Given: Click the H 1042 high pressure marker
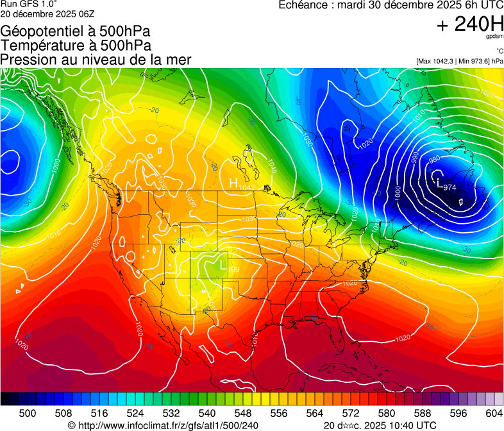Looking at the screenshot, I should point(242,184).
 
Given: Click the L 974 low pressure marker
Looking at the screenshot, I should point(445,185).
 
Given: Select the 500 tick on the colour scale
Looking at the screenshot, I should point(28,413).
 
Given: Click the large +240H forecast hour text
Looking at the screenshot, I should point(470,24).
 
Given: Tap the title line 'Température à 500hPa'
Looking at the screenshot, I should point(76,46).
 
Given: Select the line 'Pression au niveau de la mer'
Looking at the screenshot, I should point(96,60).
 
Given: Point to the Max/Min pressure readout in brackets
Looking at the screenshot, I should point(460,61).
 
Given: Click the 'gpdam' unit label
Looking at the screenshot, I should point(494,37).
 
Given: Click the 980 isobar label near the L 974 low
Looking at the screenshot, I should point(434,159).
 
